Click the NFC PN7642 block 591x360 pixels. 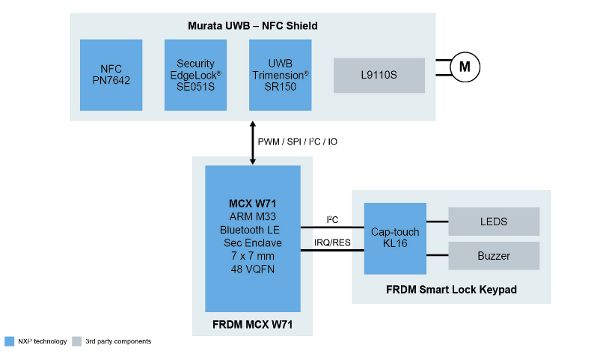click(111, 75)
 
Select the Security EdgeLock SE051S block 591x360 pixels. click(195, 75)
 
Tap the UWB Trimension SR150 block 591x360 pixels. click(280, 75)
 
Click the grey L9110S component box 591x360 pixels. click(379, 75)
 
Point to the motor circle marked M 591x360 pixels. click(465, 67)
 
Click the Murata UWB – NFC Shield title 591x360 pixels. click(253, 26)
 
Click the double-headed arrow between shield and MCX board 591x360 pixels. click(253, 141)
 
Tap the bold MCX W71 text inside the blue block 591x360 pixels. click(252, 203)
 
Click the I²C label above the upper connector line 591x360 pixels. click(332, 219)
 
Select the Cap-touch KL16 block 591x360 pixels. click(395, 238)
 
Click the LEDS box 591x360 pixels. click(493, 222)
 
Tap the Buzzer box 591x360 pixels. click(493, 256)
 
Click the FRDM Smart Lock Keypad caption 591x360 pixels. click(451, 290)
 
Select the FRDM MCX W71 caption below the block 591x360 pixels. click(252, 323)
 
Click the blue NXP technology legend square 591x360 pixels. click(9, 341)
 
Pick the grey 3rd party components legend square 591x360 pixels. click(76, 341)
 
